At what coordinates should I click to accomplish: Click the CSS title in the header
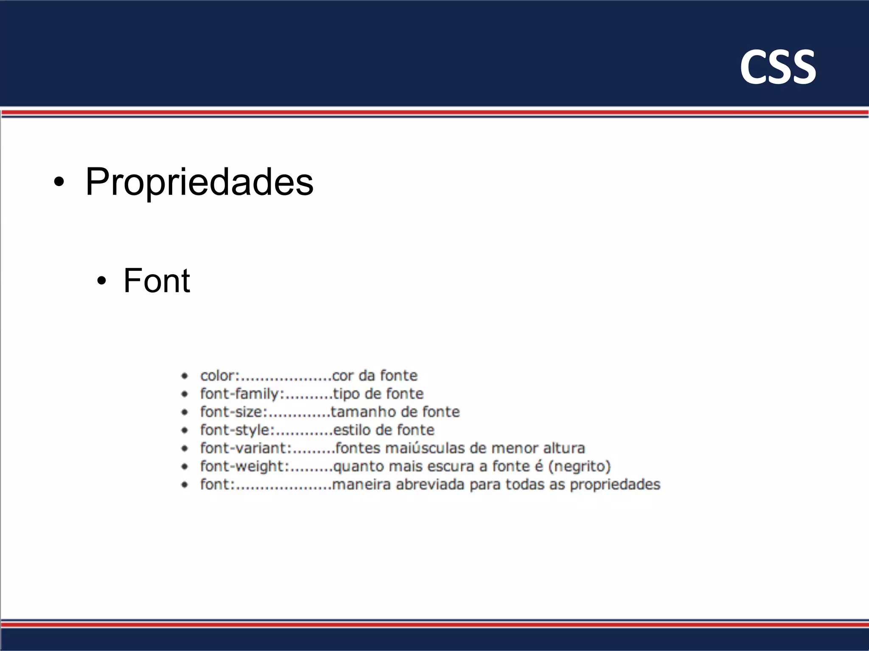pyautogui.click(x=777, y=67)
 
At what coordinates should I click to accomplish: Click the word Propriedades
pyautogui.click(x=199, y=182)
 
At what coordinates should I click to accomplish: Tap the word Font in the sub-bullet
pyautogui.click(x=157, y=281)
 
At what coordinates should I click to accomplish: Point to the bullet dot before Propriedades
pyautogui.click(x=59, y=183)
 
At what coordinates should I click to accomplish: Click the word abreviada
pyautogui.click(x=430, y=484)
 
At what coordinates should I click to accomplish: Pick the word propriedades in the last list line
pyautogui.click(x=615, y=485)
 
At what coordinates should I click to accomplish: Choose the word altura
pyautogui.click(x=564, y=448)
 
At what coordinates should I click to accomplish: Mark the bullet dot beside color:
pyautogui.click(x=185, y=376)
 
